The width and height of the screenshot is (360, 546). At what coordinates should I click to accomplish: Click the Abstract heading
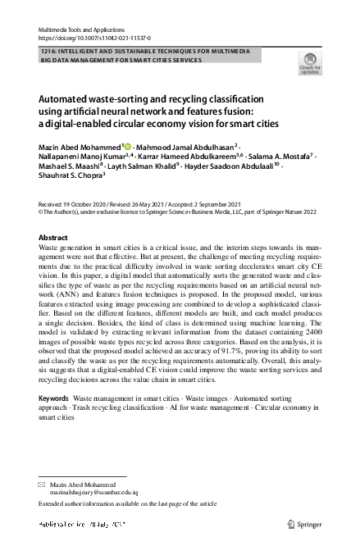coord(54,237)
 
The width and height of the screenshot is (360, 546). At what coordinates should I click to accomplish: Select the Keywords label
coord(53,398)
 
